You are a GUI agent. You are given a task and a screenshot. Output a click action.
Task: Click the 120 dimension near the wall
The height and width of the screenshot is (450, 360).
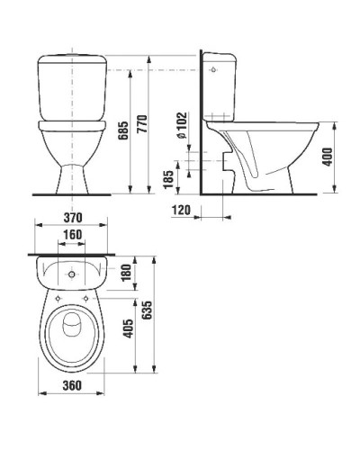[x=182, y=210]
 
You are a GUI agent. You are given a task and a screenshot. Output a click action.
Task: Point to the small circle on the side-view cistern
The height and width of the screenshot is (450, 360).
[x=212, y=67]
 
